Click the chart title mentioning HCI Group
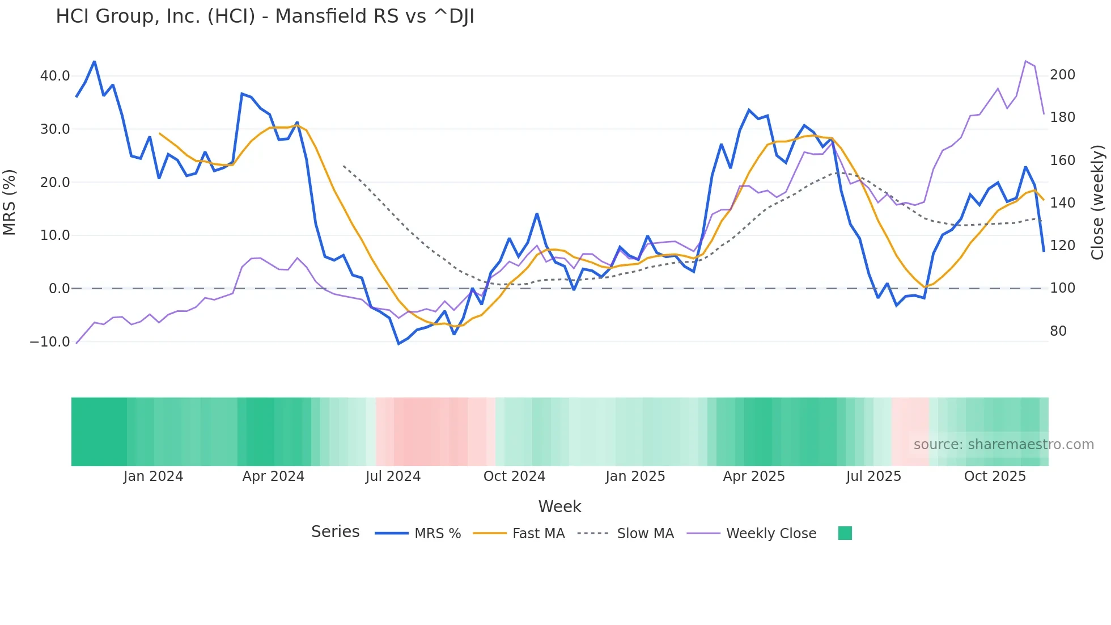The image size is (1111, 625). coord(265,16)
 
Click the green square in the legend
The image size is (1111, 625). coord(845,533)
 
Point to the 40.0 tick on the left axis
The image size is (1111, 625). coord(55,76)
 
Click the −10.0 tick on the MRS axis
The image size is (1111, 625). coord(50,342)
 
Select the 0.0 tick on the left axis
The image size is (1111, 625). coord(59,289)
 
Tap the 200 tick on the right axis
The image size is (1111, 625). coord(1062,75)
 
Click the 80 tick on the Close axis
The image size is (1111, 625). coord(1058,331)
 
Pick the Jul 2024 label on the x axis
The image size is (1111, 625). coord(393,476)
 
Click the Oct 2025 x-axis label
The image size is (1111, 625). coord(995,476)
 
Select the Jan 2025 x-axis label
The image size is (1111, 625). coord(635,476)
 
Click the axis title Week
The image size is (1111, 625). coord(559,506)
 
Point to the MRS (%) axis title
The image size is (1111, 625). coord(10,202)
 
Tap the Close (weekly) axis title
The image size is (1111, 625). coord(1097,202)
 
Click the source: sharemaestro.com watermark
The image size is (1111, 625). coord(1003,445)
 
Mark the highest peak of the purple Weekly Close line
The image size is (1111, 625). coord(1025,61)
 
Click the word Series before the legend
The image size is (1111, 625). coord(335,532)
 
